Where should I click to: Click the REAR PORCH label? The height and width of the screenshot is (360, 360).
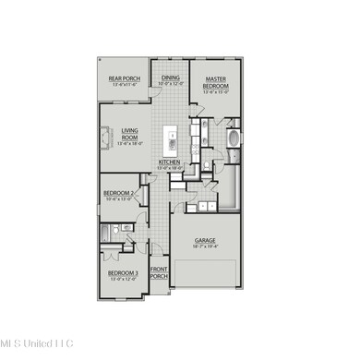click(x=124, y=79)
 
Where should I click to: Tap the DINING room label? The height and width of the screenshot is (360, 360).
click(x=171, y=78)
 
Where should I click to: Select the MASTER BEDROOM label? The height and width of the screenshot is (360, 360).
click(x=217, y=82)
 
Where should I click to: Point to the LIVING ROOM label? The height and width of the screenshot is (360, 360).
click(x=128, y=134)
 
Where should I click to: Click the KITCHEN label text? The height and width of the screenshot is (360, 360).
click(x=170, y=162)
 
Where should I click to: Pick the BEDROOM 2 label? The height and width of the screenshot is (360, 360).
click(x=119, y=193)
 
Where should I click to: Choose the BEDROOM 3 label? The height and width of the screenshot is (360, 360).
click(x=123, y=273)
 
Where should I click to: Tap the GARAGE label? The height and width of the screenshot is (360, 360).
click(x=205, y=241)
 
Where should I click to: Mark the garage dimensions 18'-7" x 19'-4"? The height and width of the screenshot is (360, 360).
click(x=205, y=247)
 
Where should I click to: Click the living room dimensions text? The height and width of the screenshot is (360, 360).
click(x=128, y=144)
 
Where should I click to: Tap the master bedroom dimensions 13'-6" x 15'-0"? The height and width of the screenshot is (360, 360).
click(x=217, y=92)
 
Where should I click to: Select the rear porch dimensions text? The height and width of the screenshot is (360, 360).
click(x=124, y=86)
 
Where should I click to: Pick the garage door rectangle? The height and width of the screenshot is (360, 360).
click(x=209, y=274)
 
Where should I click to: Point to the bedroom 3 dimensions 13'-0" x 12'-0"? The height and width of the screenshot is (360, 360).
click(x=123, y=279)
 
